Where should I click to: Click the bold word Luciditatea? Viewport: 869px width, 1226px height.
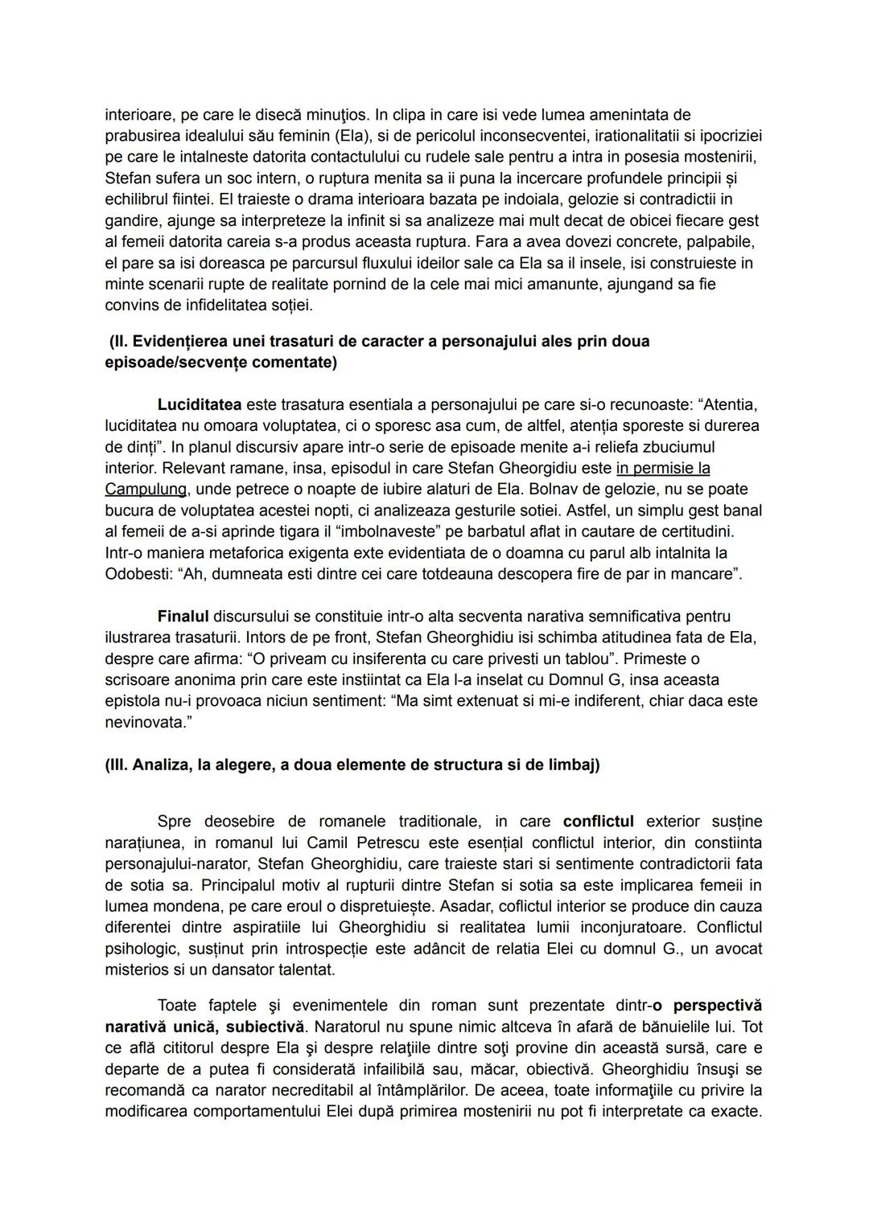199,404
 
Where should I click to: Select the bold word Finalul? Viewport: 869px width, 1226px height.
183,617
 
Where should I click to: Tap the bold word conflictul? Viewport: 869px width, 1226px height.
598,822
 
